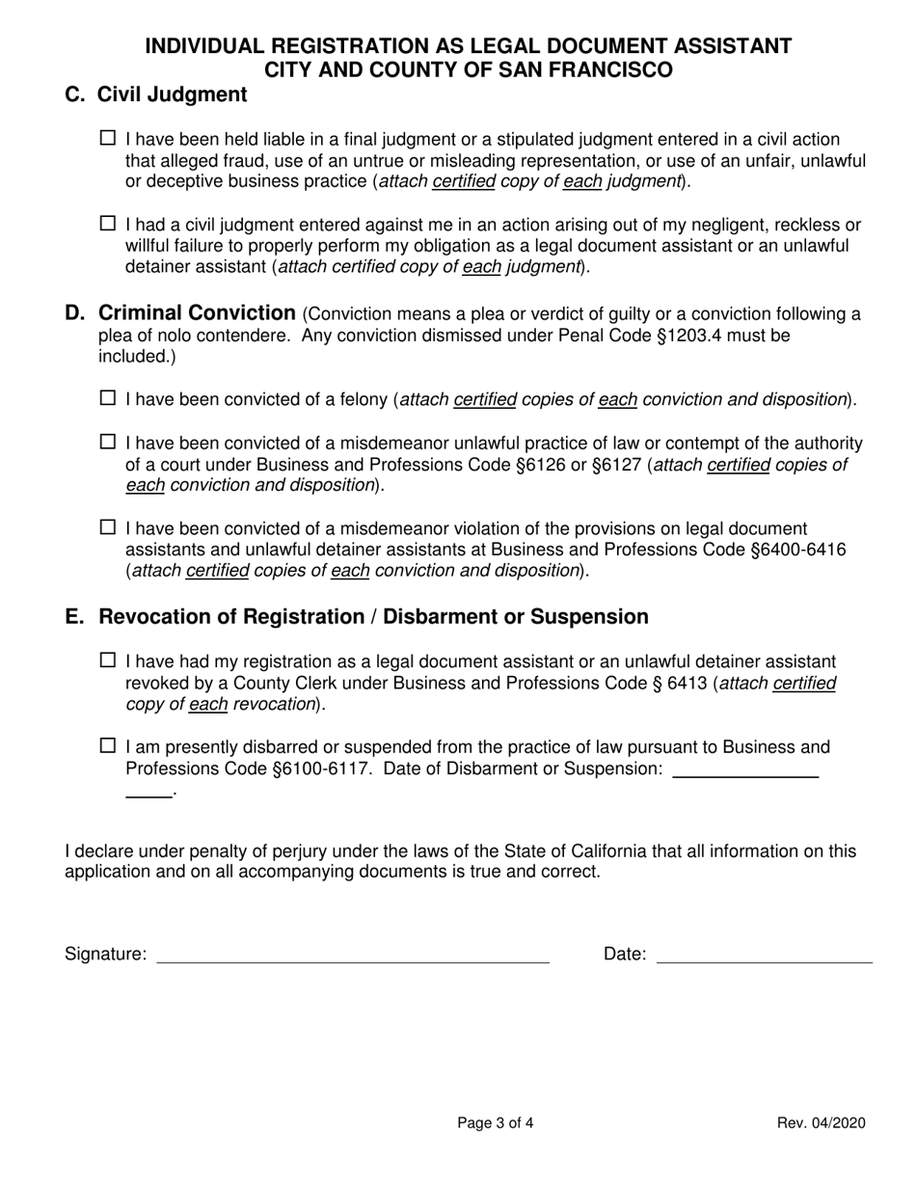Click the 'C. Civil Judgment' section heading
pos(155,94)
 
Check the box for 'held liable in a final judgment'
pos(108,139)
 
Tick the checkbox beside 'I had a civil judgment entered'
pos(108,224)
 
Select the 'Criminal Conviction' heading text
pos(197,313)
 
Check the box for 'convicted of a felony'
pos(108,397)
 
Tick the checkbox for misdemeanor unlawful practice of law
pos(108,443)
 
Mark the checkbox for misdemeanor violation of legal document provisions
pos(108,527)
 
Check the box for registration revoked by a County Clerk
pos(108,660)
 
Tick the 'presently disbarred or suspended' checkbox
pos(108,745)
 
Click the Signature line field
pos(353,961)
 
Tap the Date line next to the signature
pos(764,961)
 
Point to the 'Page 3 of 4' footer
pos(495,1123)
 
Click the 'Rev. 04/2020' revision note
pos(822,1123)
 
